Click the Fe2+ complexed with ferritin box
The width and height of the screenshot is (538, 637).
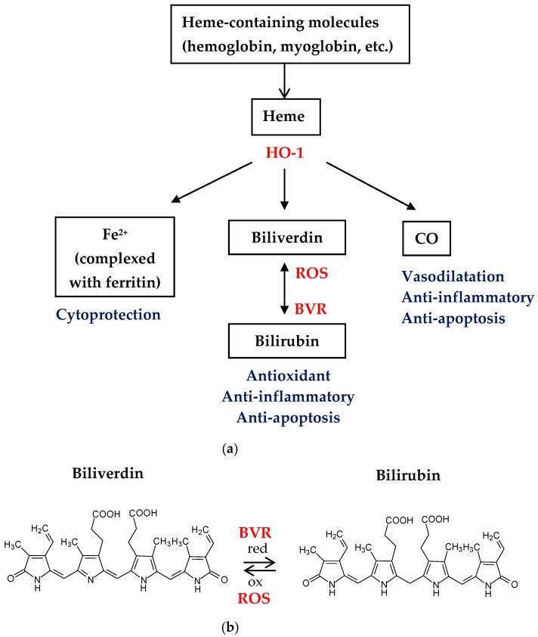pyautogui.click(x=113, y=246)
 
